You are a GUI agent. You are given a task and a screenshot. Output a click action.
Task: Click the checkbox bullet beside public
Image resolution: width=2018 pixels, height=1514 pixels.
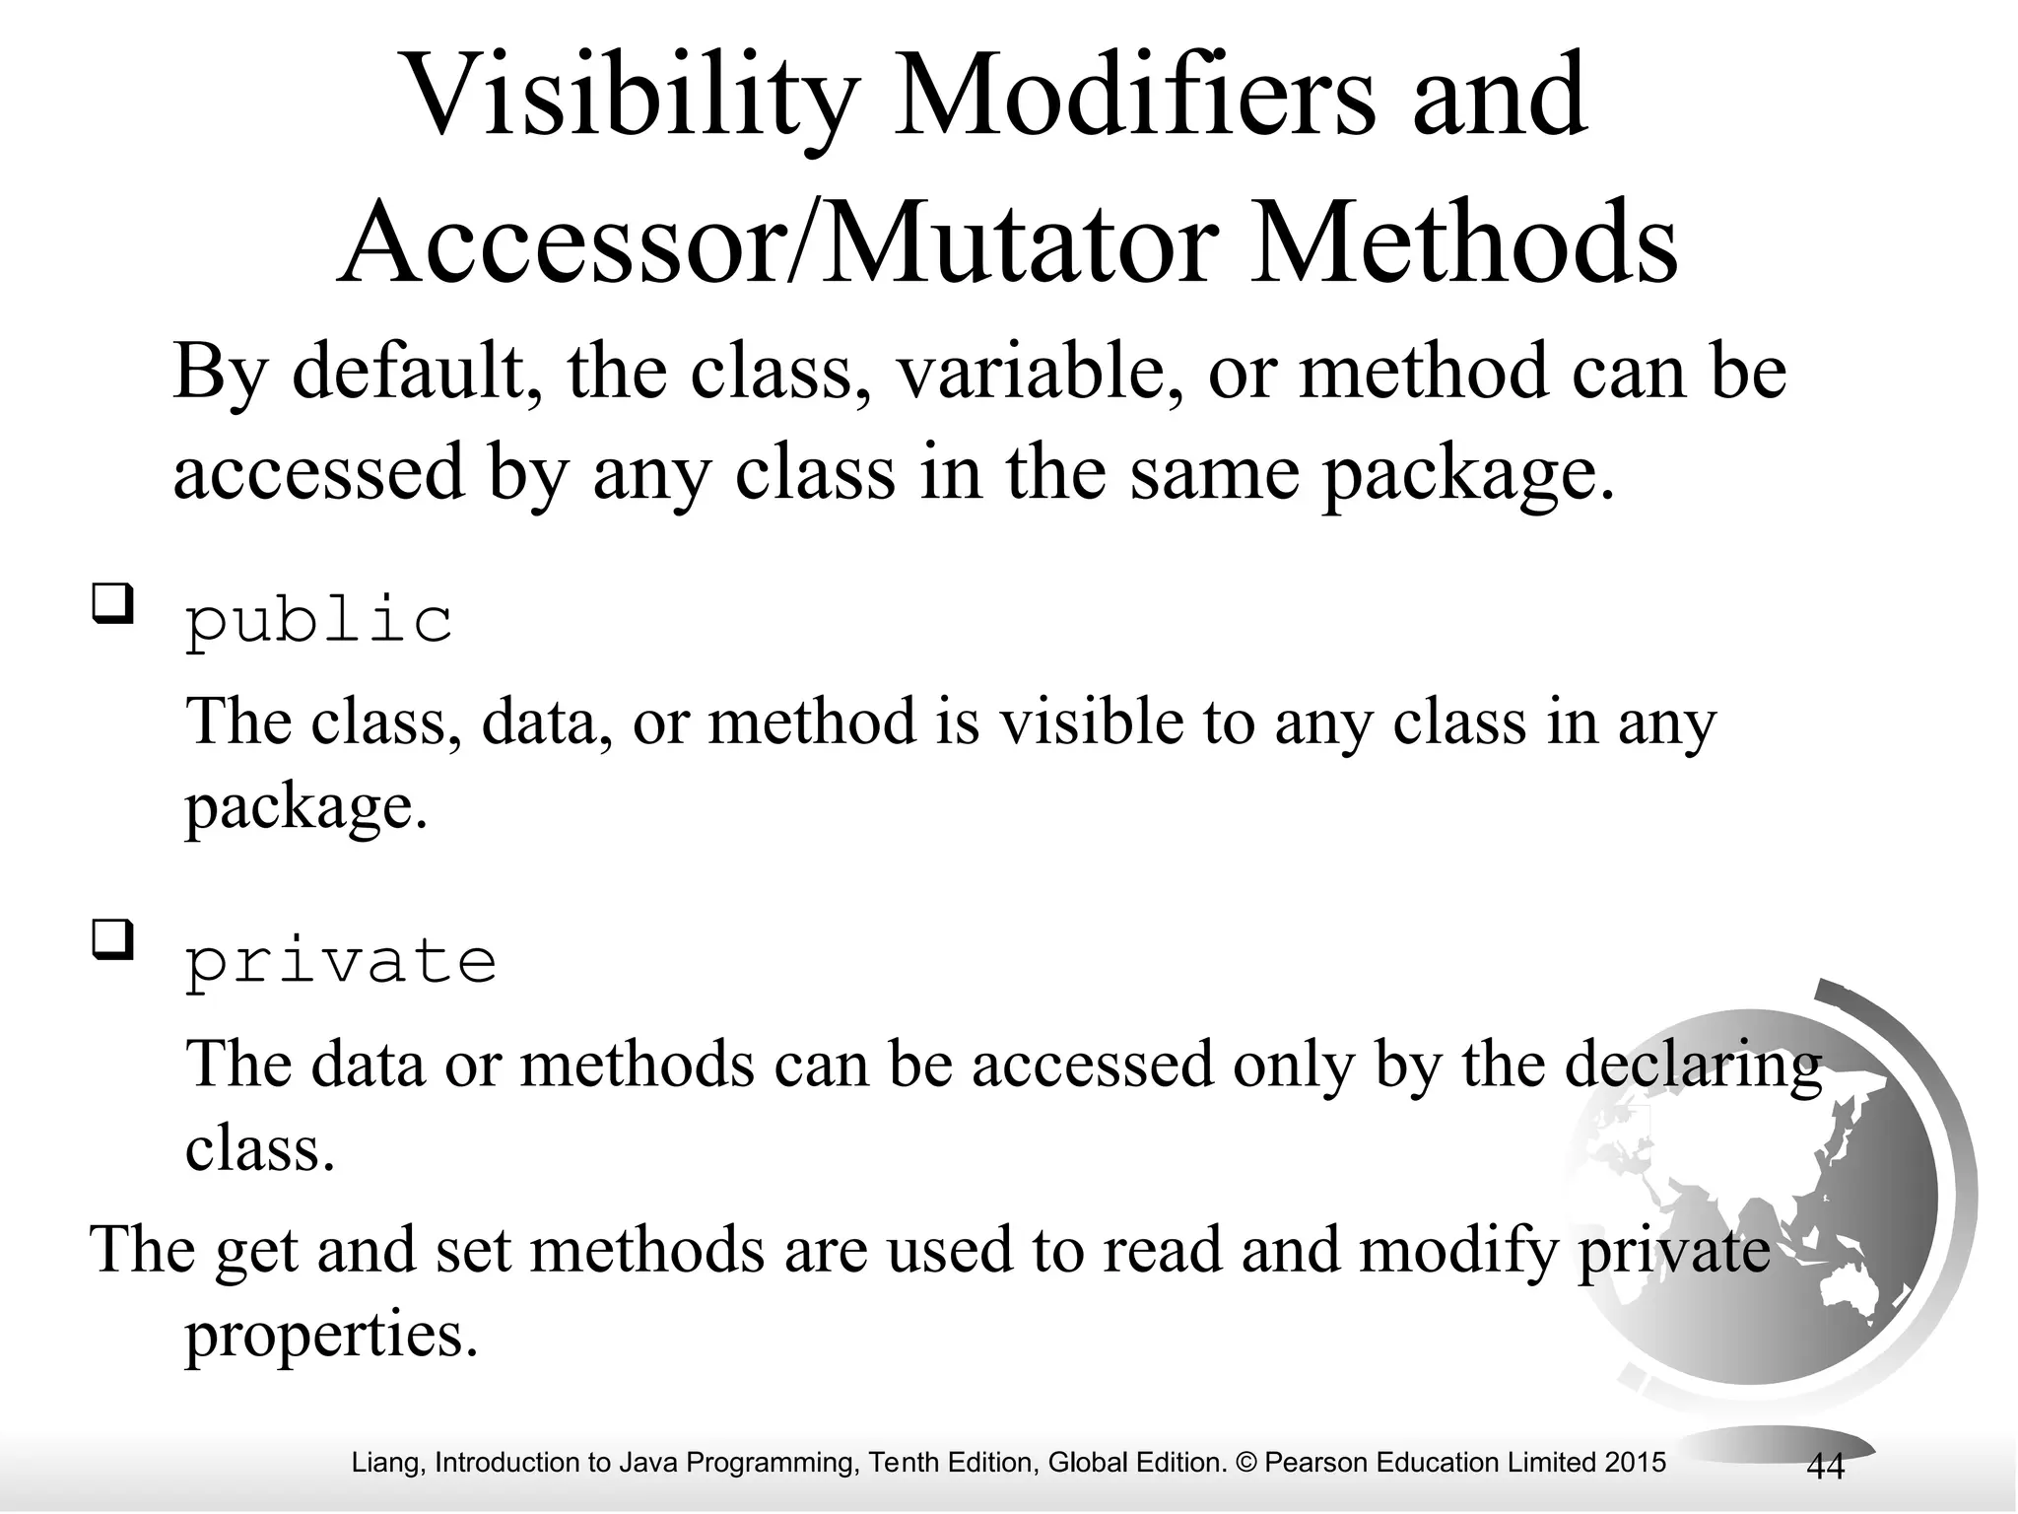(112, 603)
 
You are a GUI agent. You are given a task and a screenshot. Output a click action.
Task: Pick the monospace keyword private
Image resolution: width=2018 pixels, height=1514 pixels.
(341, 961)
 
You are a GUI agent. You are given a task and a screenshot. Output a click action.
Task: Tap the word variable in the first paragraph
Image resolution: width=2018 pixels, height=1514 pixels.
(1028, 373)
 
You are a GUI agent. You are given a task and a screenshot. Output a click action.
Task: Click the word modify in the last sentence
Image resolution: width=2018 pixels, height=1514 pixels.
(1459, 1250)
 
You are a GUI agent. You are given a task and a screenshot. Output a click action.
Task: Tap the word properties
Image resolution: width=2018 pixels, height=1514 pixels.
(331, 1336)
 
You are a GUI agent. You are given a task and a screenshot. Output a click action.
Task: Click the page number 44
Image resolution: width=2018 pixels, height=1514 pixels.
(1825, 1467)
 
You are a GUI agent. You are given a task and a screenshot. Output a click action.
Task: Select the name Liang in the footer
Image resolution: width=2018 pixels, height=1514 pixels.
(387, 1463)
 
